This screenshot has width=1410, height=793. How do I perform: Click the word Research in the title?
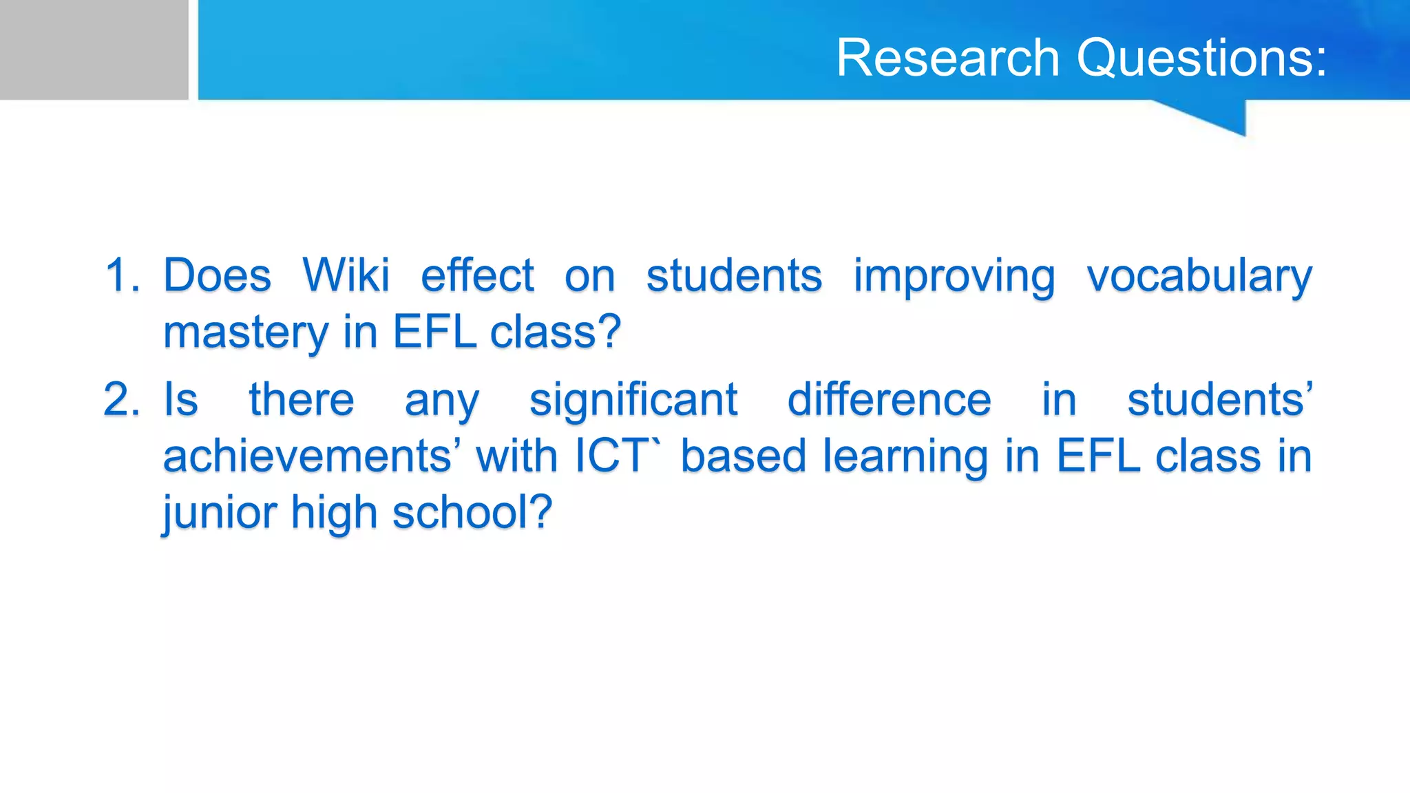(947, 58)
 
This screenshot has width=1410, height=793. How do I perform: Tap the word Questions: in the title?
(1201, 58)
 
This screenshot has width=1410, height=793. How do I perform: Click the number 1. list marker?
(123, 275)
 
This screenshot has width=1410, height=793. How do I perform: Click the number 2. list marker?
(123, 399)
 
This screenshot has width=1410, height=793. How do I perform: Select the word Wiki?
(346, 275)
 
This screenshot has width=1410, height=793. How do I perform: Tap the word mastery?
(246, 333)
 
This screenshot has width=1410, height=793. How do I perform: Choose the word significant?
(633, 401)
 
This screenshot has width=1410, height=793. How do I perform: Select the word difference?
(889, 399)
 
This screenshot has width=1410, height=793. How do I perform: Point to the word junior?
(219, 514)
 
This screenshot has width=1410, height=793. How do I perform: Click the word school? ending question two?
(472, 512)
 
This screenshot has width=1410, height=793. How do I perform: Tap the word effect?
(477, 275)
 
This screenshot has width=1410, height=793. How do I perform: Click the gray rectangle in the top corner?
(94, 50)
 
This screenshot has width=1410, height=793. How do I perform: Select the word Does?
(217, 275)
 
